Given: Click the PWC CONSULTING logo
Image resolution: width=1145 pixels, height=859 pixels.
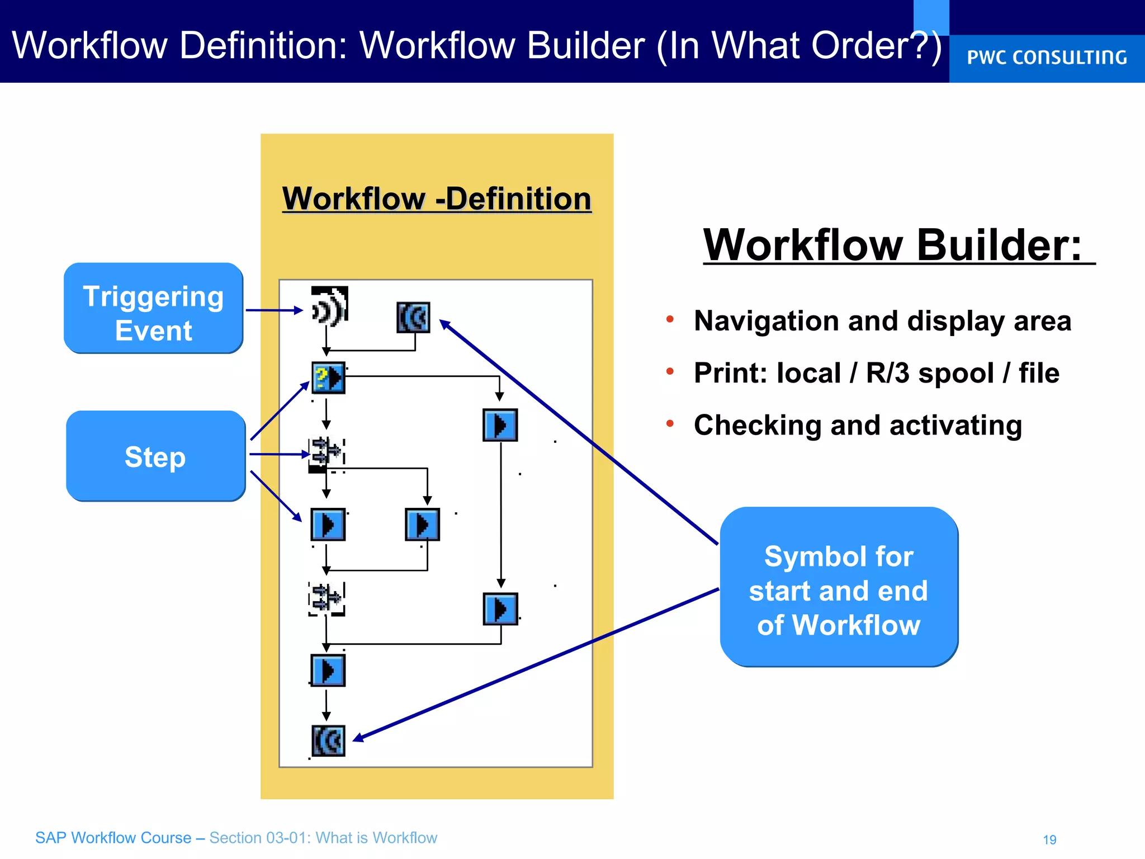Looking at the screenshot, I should (x=1047, y=58).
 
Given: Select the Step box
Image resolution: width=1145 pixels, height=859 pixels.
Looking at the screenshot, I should (x=155, y=456).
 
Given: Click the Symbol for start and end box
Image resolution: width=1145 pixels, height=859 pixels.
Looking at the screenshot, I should (x=839, y=587).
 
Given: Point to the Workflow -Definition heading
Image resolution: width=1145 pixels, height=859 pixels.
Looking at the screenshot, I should (x=437, y=199).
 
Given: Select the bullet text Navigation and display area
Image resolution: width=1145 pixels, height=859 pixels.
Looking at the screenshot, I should (x=882, y=321).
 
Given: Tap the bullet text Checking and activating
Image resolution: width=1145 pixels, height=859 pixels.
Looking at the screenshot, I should (x=858, y=425).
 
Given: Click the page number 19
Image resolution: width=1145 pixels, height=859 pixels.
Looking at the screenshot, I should (x=1049, y=839).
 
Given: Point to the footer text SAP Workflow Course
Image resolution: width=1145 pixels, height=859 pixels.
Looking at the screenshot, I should (x=113, y=838).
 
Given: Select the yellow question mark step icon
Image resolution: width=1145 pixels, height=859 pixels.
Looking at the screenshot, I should (x=328, y=378).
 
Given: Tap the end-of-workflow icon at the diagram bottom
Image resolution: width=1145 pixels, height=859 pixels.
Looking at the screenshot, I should (x=328, y=741).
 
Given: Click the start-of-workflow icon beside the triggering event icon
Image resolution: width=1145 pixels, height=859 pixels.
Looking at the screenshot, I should (x=413, y=318).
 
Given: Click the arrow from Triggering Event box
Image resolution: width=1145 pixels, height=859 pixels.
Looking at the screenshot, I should (x=273, y=310).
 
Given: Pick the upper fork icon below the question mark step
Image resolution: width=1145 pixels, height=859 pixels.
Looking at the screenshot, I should (x=327, y=452).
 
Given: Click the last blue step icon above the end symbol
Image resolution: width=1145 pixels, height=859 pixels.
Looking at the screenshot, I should (x=328, y=671).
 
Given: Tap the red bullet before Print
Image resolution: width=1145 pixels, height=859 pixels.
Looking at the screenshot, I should (x=670, y=371).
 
